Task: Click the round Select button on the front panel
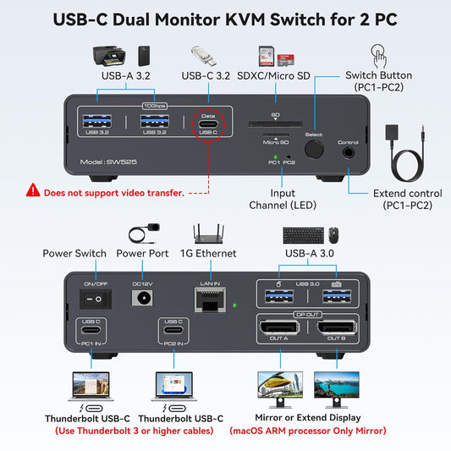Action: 315,149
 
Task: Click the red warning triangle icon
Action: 33,192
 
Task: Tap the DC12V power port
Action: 142,297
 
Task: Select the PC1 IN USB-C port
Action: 91,331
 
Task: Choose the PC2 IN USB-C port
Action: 173,331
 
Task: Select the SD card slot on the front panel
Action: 275,124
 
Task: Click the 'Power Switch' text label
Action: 74,253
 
